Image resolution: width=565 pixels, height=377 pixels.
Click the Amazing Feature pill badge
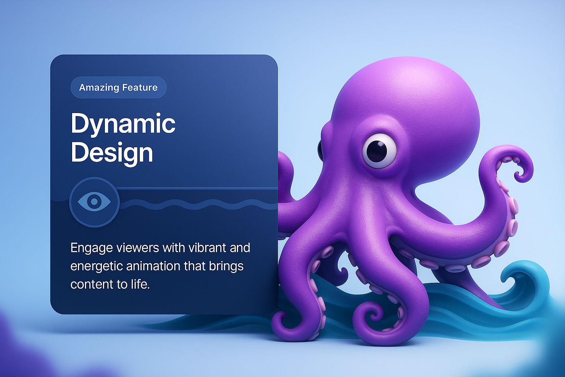pyautogui.click(x=118, y=87)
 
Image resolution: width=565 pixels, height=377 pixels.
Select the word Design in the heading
pyautogui.click(x=112, y=152)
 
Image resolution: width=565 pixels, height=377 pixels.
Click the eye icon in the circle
pyautogui.click(x=94, y=201)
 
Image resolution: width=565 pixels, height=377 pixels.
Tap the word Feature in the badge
pyautogui.click(x=140, y=87)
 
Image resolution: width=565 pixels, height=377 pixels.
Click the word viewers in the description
pyautogui.click(x=136, y=248)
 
